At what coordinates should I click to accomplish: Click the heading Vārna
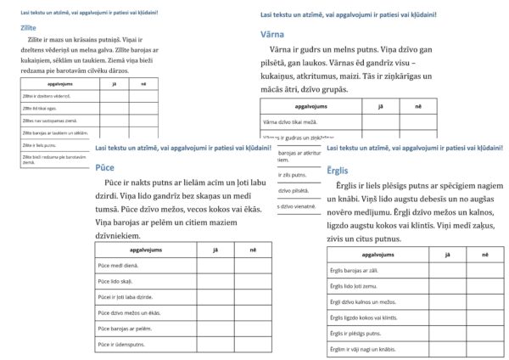pyautogui.click(x=272, y=34)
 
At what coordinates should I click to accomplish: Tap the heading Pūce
pyautogui.click(x=105, y=167)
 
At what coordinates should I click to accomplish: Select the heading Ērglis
pyautogui.click(x=337, y=170)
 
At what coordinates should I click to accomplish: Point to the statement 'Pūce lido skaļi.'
pyautogui.click(x=118, y=280)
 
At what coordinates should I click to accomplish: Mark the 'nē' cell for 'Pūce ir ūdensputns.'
pyautogui.click(x=253, y=343)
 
